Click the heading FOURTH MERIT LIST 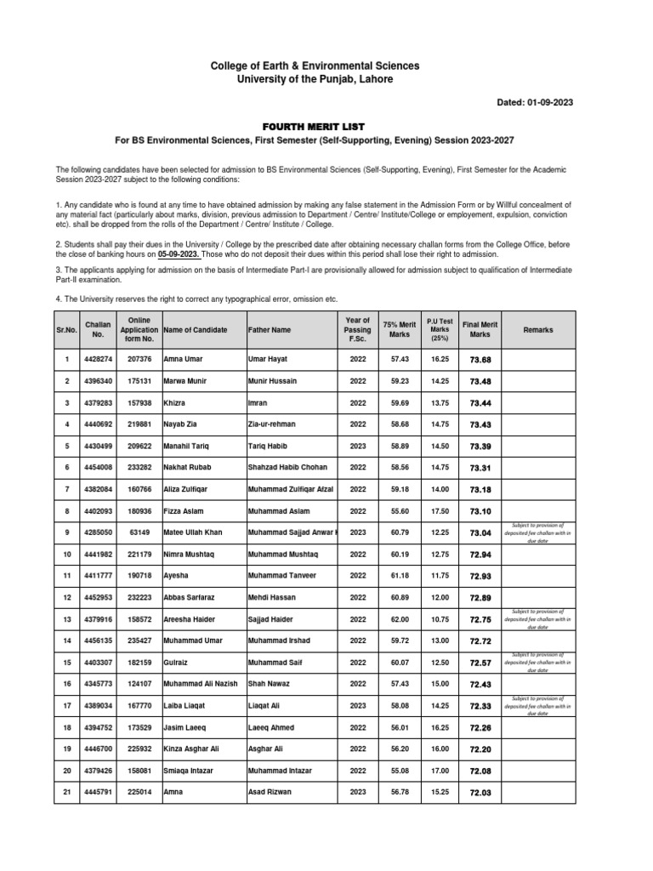pyautogui.click(x=326, y=126)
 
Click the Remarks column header pyautogui.click(x=537, y=329)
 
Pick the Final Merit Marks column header pyautogui.click(x=480, y=329)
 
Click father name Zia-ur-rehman pyautogui.click(x=275, y=424)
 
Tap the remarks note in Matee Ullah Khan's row pyautogui.click(x=537, y=533)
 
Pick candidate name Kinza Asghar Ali pyautogui.click(x=192, y=749)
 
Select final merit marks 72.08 pyautogui.click(x=480, y=771)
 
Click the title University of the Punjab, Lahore pyautogui.click(x=326, y=79)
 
